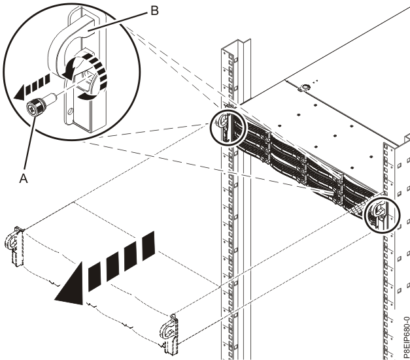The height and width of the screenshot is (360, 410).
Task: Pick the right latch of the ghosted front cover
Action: pos(169,331)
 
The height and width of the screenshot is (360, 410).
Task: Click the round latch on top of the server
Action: pos(305,85)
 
